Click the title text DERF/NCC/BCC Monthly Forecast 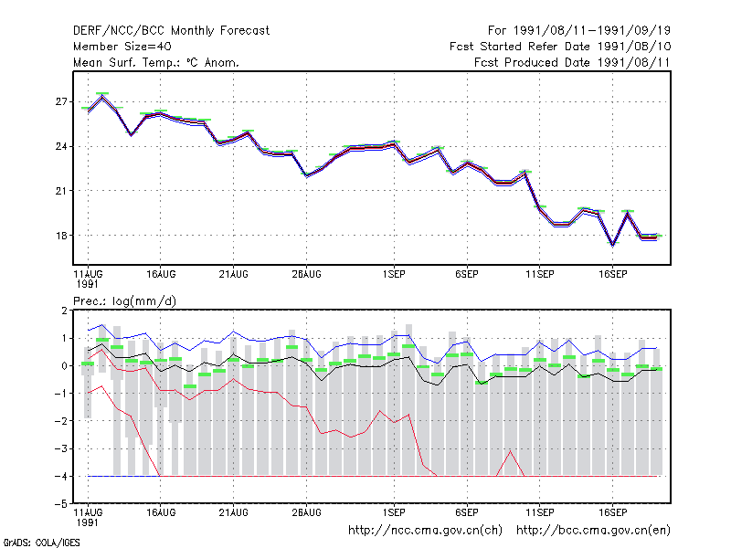point(171,31)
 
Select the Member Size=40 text point(122,47)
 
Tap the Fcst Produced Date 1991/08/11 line point(572,62)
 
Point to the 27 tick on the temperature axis point(61,101)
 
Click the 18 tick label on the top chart point(61,236)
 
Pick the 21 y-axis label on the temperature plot point(61,191)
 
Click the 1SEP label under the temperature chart point(394,274)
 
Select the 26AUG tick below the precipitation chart point(306,512)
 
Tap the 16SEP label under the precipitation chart point(612,512)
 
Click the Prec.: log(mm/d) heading point(124,301)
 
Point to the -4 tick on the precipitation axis point(61,476)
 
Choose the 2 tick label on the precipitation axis point(64,311)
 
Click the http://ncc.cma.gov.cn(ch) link point(425,531)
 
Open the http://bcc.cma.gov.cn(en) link point(593,531)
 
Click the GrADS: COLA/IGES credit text point(41,543)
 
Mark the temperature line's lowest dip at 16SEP point(612,244)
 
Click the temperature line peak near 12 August point(102,97)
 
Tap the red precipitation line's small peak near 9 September point(511,451)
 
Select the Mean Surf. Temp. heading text point(156,62)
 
